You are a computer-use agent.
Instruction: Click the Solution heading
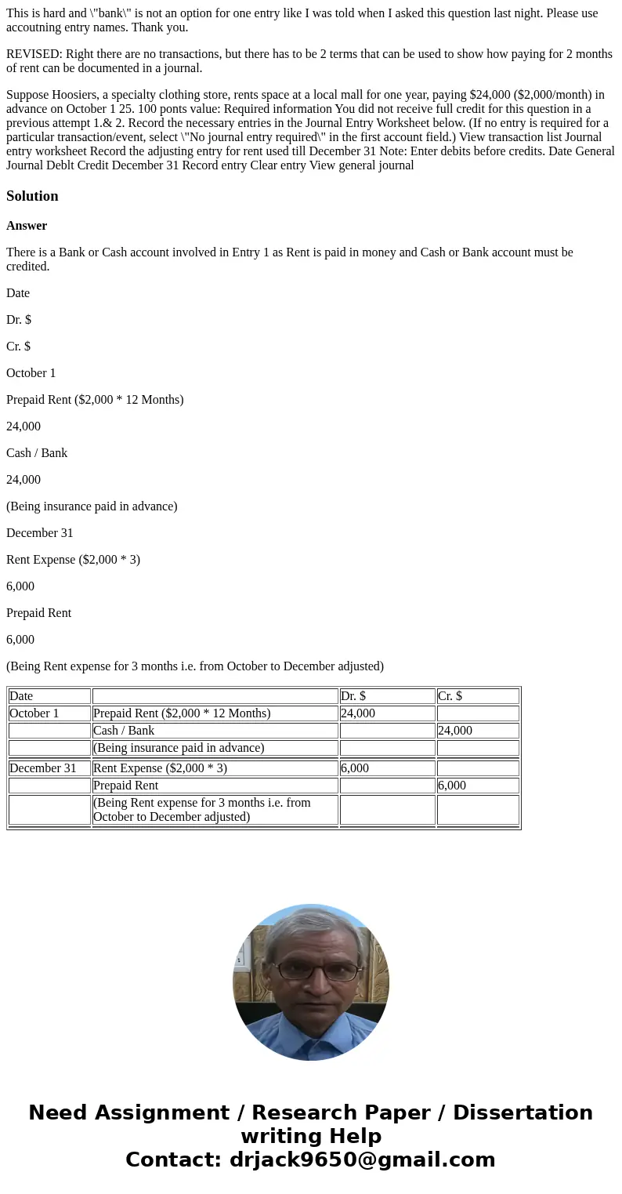pos(32,196)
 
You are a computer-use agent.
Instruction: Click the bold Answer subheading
pos(27,226)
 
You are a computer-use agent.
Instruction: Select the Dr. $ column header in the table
pos(353,696)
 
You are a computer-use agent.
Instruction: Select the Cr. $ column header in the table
pos(450,696)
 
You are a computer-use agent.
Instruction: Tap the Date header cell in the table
pos(21,696)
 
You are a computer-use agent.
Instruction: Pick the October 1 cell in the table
pos(34,713)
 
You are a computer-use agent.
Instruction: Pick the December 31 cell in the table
pos(43,768)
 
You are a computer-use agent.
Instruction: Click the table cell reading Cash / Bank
pos(124,731)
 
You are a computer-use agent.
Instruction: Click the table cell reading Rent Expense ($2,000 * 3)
pos(160,768)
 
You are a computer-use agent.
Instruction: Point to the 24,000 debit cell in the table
pos(358,713)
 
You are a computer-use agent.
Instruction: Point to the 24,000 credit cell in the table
pos(455,731)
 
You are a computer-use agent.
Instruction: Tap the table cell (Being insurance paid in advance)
pos(179,748)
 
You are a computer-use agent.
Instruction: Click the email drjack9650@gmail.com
pos(362,1160)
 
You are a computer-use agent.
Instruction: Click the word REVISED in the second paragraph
pos(33,54)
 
